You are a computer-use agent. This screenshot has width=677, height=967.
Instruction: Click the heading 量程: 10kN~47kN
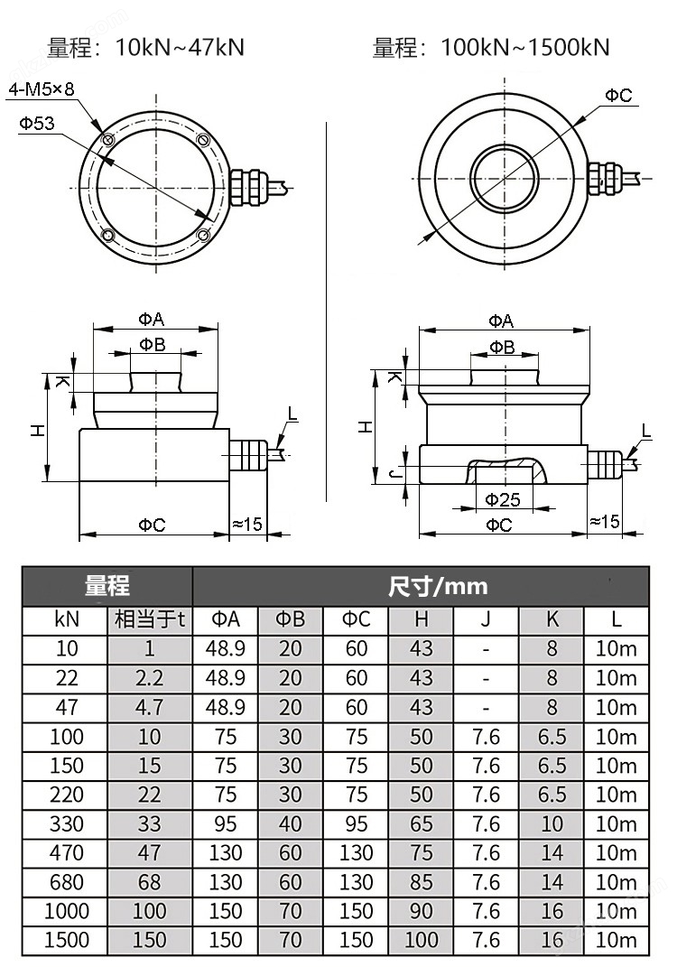145,47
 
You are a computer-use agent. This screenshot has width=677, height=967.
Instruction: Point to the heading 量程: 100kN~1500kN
491,47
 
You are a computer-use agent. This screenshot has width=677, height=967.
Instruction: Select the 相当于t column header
150,619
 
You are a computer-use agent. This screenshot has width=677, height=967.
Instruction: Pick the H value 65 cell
422,823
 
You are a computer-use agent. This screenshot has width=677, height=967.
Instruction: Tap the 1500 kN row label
67,940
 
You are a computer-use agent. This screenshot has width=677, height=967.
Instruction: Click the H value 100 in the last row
422,940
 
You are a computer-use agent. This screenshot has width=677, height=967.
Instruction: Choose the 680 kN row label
67,882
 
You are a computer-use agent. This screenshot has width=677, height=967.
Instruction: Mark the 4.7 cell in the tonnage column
150,707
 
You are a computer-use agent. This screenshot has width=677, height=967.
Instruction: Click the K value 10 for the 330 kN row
552,823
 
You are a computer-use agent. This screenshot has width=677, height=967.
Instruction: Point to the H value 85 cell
422,882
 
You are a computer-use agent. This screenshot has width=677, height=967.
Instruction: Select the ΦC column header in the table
356,619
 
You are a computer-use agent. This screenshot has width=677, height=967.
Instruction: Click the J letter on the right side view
394,473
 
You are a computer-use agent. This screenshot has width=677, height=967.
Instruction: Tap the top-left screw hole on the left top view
108,140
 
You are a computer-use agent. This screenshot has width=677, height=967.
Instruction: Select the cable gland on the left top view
248,186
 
